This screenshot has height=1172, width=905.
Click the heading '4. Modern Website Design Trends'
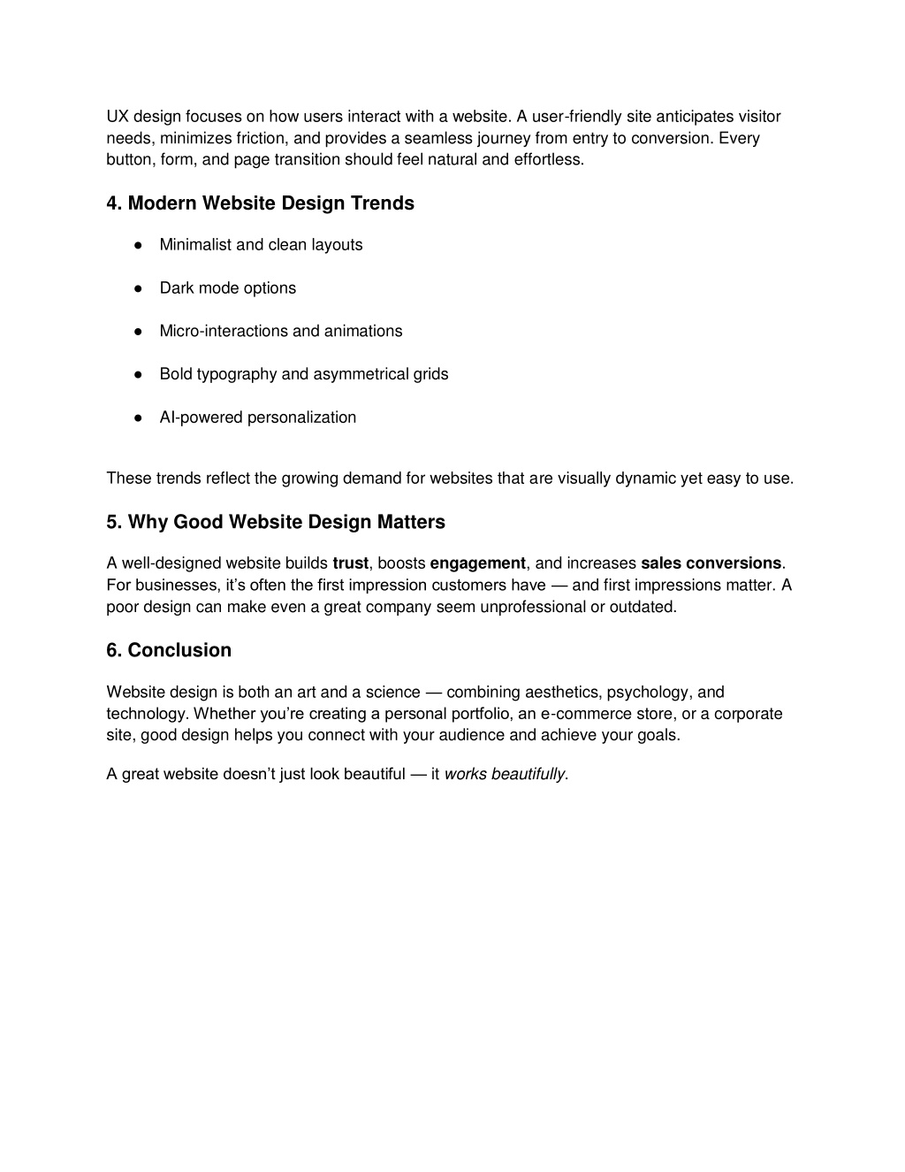click(260, 203)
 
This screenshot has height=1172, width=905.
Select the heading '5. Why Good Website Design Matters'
click(276, 522)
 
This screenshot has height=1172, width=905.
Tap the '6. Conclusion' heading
click(169, 650)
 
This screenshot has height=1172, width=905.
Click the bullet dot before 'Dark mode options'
click(139, 288)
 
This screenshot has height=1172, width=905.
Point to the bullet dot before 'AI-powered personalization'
click(139, 417)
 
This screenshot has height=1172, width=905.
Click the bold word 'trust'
click(350, 563)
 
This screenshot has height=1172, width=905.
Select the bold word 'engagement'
click(477, 563)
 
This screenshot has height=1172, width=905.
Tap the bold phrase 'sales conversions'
click(711, 563)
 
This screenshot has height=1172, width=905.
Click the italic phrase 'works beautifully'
click(504, 775)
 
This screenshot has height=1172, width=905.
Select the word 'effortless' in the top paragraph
click(548, 160)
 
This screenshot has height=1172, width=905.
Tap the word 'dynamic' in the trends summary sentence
click(646, 479)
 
